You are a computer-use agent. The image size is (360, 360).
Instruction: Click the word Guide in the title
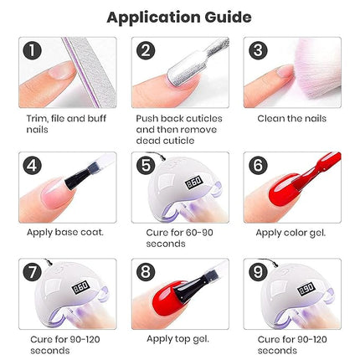tap(228, 18)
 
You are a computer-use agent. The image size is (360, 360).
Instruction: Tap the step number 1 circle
tap(33, 50)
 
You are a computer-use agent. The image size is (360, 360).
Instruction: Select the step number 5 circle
tap(146, 166)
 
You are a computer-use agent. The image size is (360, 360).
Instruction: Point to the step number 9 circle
tap(258, 272)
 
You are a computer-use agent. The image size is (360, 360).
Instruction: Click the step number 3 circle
tap(258, 50)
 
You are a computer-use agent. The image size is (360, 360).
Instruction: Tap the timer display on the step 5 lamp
tap(193, 183)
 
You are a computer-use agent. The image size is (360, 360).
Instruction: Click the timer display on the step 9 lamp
tap(306, 289)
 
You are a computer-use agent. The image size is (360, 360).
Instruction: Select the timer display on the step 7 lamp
tap(81, 287)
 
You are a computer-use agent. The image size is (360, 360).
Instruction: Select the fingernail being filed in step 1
tap(60, 70)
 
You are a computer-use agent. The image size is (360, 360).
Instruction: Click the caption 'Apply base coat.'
tap(65, 233)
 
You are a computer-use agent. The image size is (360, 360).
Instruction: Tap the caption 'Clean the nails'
tap(291, 118)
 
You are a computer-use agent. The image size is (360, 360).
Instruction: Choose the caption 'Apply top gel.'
tap(177, 339)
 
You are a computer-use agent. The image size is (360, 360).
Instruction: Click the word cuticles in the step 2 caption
tap(204, 118)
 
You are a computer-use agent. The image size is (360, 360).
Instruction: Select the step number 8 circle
tap(146, 272)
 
